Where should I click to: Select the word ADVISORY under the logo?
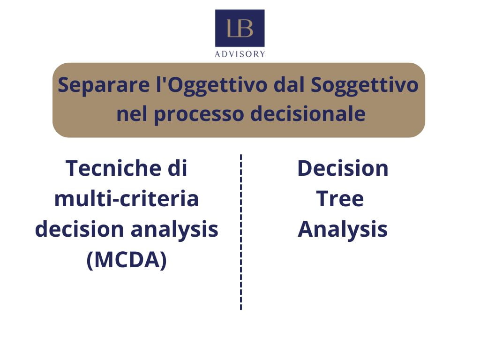[240, 54]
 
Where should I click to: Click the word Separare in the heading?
[104, 85]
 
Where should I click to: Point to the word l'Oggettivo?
[211, 86]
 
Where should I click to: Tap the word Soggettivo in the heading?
[365, 86]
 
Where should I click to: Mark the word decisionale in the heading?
[308, 113]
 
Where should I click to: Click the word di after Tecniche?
[177, 168]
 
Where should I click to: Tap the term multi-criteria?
[127, 199]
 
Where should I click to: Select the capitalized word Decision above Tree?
[343, 168]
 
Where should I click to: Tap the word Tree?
[340, 199]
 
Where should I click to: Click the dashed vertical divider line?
[241, 232]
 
